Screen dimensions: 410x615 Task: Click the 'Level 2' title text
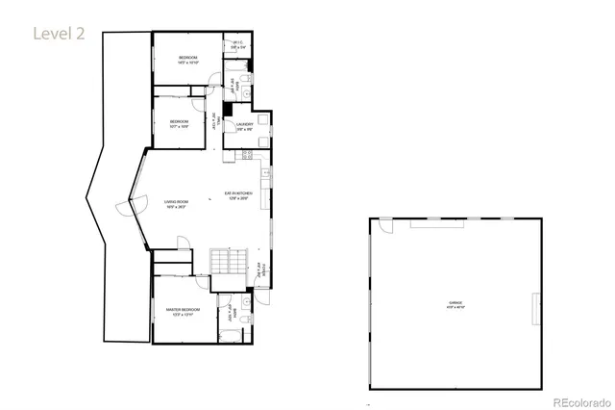click(x=60, y=34)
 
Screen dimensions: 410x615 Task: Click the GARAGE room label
click(x=455, y=305)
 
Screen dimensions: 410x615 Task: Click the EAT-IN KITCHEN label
click(x=237, y=195)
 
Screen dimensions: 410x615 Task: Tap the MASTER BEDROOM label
click(x=181, y=312)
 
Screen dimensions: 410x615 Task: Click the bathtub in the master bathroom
click(x=231, y=336)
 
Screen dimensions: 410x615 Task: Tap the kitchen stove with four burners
click(x=247, y=154)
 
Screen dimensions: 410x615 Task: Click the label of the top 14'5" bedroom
click(x=187, y=61)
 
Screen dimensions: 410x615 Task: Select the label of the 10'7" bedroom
click(x=179, y=122)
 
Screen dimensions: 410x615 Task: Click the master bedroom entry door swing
click(x=201, y=285)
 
